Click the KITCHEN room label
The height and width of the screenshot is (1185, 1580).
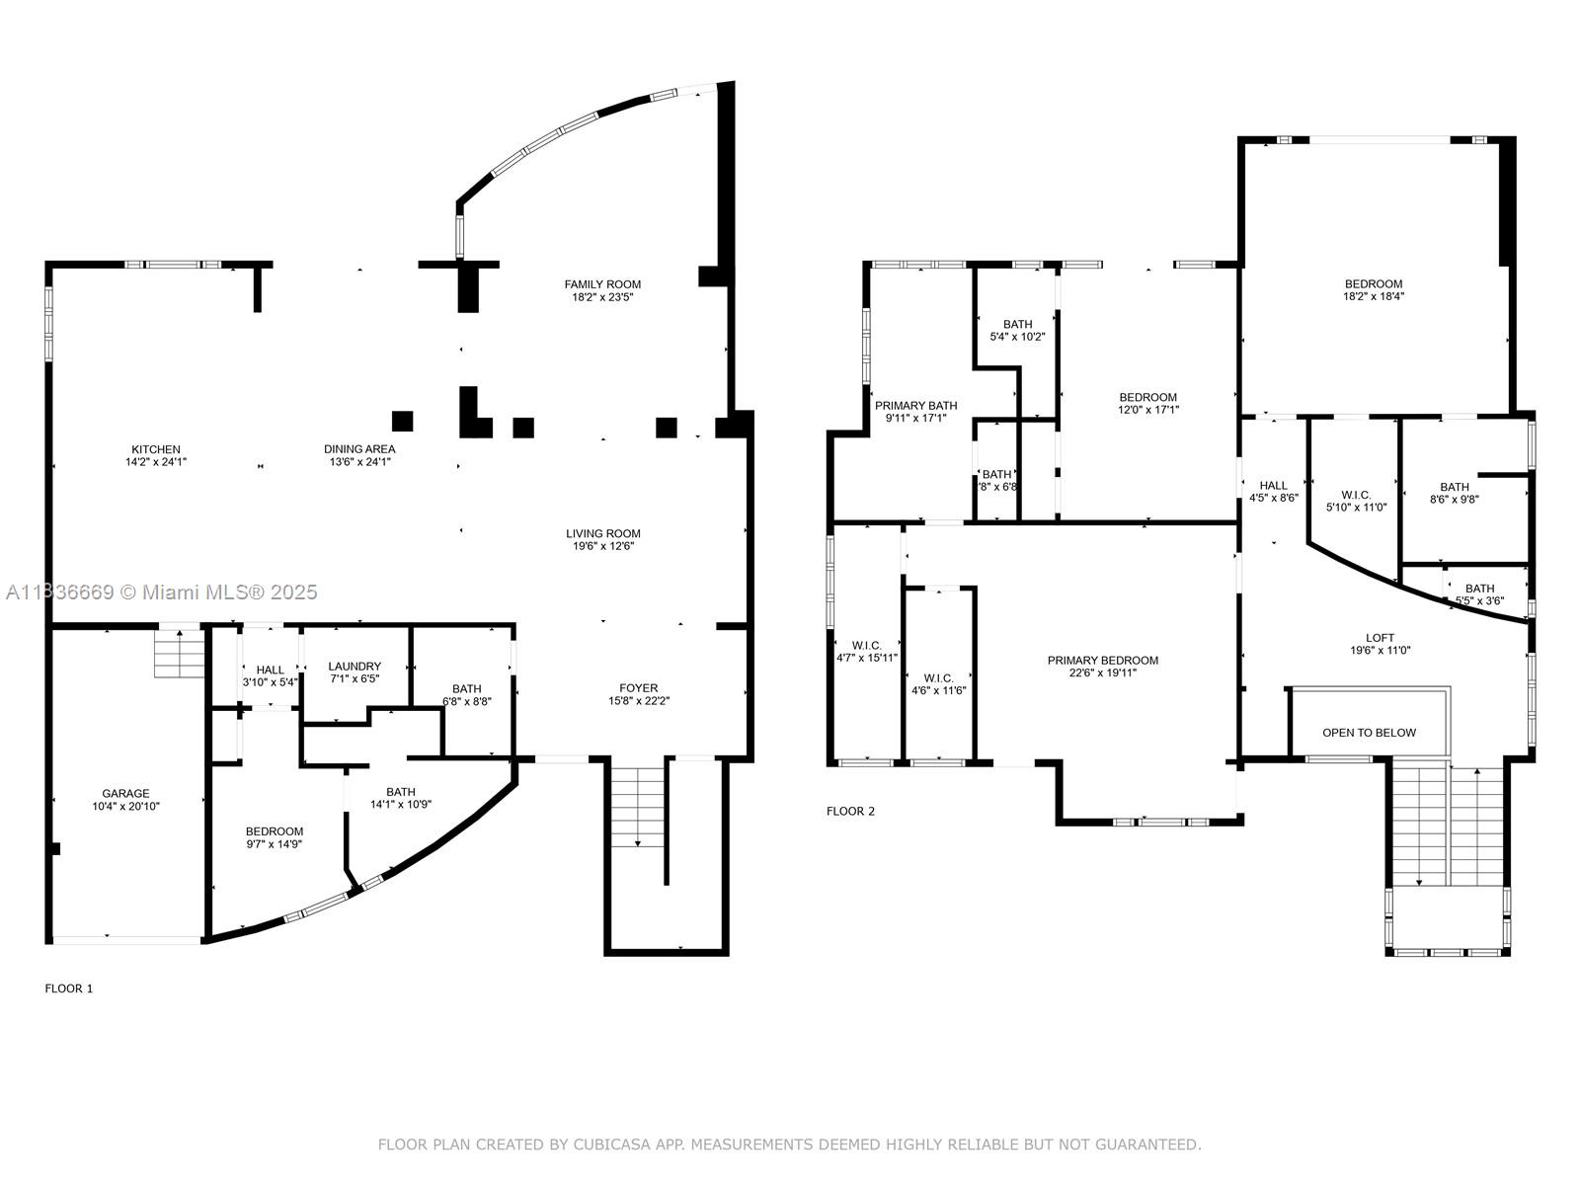pos(156,449)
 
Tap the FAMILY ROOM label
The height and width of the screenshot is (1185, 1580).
pos(602,284)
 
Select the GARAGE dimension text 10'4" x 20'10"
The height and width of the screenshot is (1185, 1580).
pos(125,807)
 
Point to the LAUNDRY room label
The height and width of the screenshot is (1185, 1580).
pos(355,667)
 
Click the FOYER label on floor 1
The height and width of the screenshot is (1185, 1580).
pos(638,688)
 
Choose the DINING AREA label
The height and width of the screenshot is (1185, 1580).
pos(359,449)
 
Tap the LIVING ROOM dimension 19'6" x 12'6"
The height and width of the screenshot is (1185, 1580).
pos(602,546)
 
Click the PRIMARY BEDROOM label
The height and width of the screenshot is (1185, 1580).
pos(1102,661)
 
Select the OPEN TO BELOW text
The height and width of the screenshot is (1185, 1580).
pos(1369,733)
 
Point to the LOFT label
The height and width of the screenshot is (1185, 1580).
pos(1380,638)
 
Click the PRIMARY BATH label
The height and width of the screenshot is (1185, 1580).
pos(915,405)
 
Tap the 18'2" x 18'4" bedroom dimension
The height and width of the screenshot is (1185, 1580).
pos(1373,296)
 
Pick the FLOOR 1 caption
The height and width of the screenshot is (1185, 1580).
pos(69,988)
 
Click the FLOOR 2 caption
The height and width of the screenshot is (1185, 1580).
pos(850,812)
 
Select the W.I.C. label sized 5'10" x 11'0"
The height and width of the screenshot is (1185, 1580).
pos(1356,495)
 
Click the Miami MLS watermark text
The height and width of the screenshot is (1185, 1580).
pos(217,592)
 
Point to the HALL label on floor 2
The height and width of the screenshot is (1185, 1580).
pos(1273,485)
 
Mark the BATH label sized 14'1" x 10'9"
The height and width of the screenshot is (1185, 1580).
pos(401,792)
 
